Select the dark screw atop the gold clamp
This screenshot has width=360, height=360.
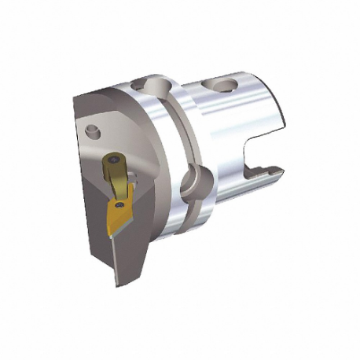point(116,160)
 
